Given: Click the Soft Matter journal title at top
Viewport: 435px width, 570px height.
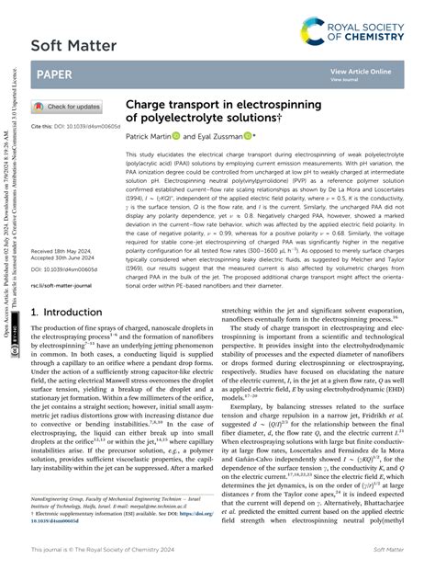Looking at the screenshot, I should [73, 45].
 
